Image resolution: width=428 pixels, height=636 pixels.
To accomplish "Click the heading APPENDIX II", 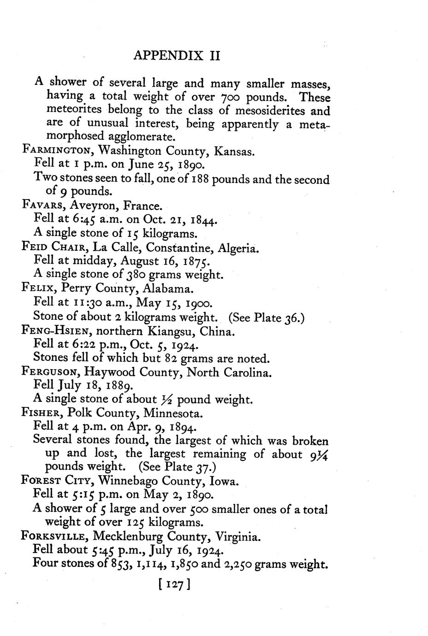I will point(177,56).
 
